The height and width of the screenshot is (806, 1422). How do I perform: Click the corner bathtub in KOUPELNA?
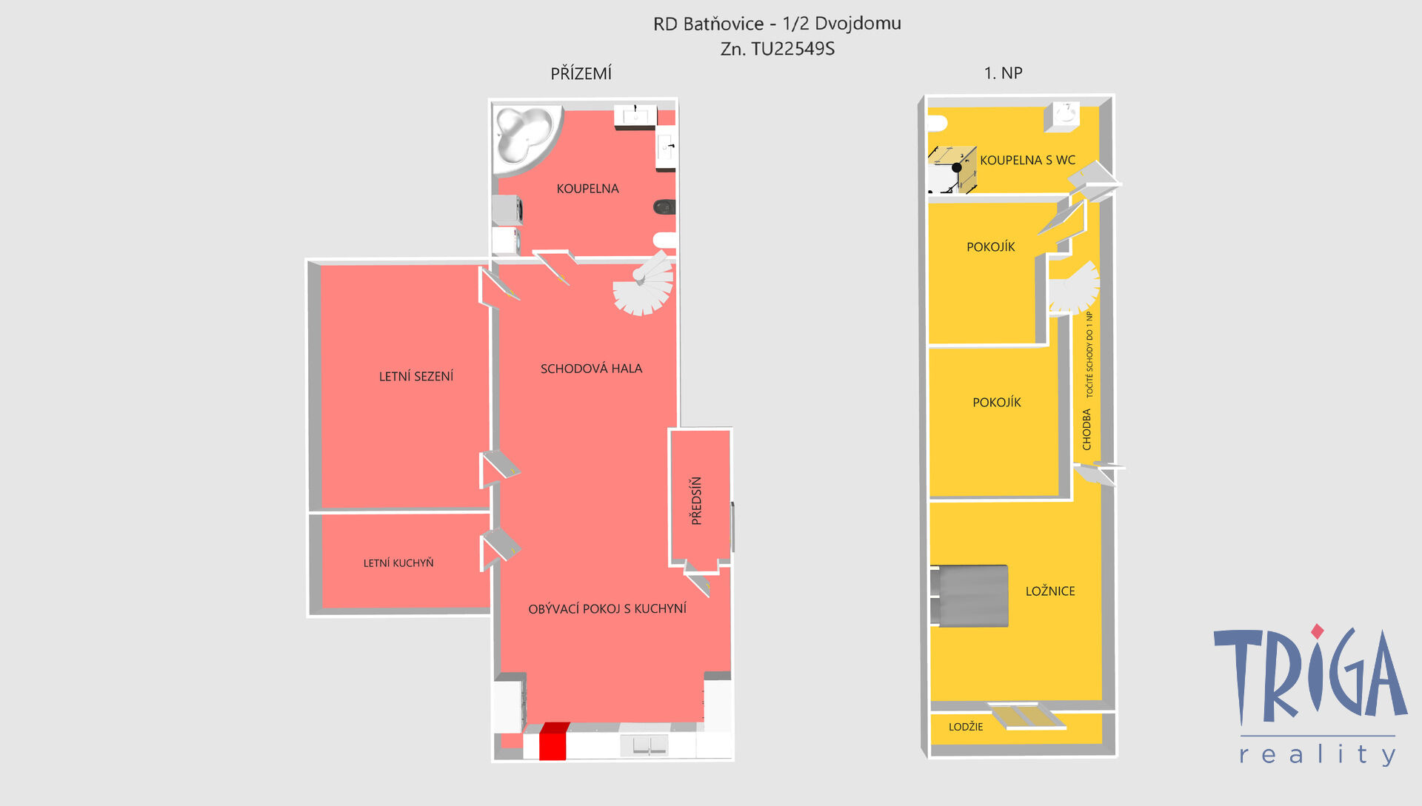(524, 138)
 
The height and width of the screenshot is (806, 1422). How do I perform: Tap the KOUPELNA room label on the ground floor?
(587, 189)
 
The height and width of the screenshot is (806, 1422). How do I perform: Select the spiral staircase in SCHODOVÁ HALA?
(644, 283)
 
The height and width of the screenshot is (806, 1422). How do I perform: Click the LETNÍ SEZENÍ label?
(416, 376)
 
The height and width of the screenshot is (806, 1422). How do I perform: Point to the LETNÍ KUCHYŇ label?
(398, 563)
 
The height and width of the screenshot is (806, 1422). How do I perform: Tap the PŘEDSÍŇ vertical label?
(696, 501)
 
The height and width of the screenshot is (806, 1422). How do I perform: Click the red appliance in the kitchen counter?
(553, 742)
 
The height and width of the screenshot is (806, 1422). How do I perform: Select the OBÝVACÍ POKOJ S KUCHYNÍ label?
(607, 608)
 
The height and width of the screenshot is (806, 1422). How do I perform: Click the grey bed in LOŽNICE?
(969, 596)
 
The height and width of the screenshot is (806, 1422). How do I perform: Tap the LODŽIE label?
(966, 727)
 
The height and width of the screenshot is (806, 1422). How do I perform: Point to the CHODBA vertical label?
(1086, 429)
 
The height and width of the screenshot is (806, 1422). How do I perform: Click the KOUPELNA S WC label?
(1027, 160)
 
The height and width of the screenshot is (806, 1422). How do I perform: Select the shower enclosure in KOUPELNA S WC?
(952, 169)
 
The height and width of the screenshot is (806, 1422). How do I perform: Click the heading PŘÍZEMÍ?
(581, 73)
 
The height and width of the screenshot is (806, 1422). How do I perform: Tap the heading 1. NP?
(1003, 73)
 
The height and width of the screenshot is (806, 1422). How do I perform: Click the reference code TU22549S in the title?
(793, 49)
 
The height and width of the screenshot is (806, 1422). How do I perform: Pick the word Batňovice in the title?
(724, 24)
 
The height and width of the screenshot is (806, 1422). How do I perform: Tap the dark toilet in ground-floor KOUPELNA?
(664, 207)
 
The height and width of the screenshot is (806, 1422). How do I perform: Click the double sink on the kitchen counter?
(644, 745)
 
